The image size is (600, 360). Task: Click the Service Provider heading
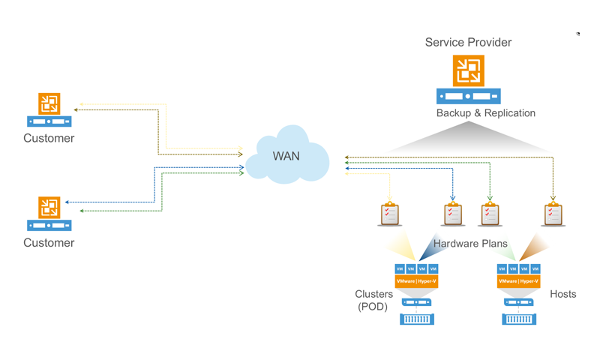click(x=468, y=43)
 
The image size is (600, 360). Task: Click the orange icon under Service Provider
click(x=469, y=71)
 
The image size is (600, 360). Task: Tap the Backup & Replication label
click(x=486, y=113)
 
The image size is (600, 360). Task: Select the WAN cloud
click(x=286, y=156)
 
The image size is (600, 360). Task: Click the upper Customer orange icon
click(x=49, y=103)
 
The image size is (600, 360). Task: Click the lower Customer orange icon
click(x=49, y=207)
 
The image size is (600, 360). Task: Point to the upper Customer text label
click(x=49, y=138)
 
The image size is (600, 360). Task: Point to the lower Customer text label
click(x=49, y=242)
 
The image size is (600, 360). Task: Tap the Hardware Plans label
click(x=469, y=244)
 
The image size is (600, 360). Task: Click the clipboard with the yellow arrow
click(x=390, y=214)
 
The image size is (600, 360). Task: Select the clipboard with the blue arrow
click(x=453, y=214)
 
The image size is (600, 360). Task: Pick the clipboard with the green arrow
click(x=490, y=214)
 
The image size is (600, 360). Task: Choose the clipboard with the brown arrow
click(x=553, y=214)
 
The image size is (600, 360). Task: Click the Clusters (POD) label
click(x=373, y=300)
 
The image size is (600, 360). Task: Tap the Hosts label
click(x=562, y=294)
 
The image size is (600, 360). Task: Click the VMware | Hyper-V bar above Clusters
click(x=416, y=281)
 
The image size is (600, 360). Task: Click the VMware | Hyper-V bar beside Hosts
click(x=518, y=281)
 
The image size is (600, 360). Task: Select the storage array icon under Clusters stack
click(x=417, y=319)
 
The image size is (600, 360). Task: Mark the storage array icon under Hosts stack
click(x=519, y=319)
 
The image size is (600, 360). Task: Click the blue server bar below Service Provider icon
click(x=469, y=96)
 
